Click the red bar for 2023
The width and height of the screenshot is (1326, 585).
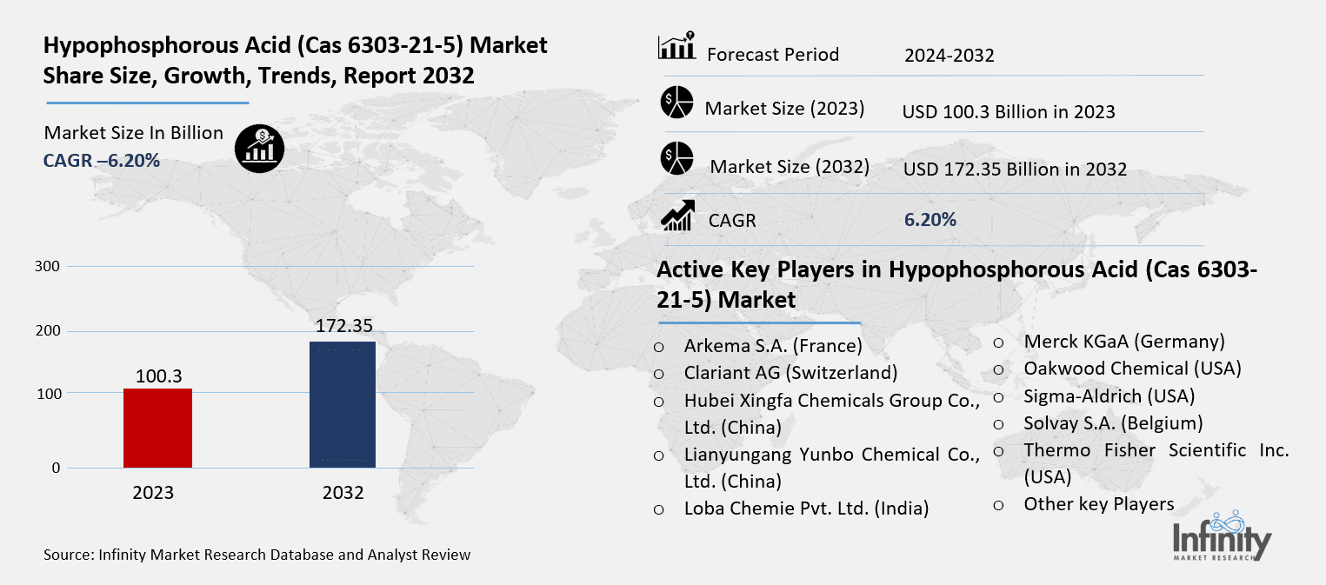157,428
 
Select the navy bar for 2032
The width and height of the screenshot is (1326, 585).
343,404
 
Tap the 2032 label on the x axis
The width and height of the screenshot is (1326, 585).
343,493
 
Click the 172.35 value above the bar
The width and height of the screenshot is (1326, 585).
343,326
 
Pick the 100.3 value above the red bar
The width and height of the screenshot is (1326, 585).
157,376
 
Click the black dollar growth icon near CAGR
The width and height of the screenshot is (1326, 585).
259,148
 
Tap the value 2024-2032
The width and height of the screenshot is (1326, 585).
949,57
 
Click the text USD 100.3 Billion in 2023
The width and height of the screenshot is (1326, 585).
1009,112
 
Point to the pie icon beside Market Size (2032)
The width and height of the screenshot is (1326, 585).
676,158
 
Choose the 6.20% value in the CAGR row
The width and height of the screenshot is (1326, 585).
930,220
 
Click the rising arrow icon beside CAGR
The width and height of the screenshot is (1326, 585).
677,216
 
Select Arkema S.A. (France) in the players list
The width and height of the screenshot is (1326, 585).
772,346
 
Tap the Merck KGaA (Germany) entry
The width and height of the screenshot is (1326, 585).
1123,342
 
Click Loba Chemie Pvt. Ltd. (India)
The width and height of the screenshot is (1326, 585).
806,509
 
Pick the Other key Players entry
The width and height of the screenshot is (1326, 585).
1098,504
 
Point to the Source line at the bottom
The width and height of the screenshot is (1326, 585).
257,554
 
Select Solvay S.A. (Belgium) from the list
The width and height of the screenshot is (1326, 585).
1113,423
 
